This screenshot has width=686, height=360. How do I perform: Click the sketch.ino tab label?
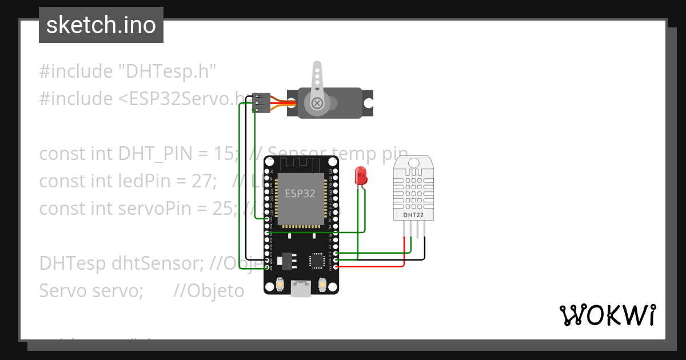tap(101, 25)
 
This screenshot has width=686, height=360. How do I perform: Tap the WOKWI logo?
tap(607, 315)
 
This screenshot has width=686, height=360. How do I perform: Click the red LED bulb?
tap(361, 175)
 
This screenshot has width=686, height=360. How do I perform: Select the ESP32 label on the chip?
tap(300, 193)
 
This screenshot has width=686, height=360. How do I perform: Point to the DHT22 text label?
tap(413, 215)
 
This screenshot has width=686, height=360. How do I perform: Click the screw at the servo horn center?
tap(316, 103)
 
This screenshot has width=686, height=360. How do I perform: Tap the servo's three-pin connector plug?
tap(260, 103)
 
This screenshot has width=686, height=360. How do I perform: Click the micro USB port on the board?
tap(301, 289)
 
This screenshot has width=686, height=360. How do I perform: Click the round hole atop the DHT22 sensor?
tap(413, 163)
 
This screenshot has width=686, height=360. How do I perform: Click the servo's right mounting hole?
tap(369, 103)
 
